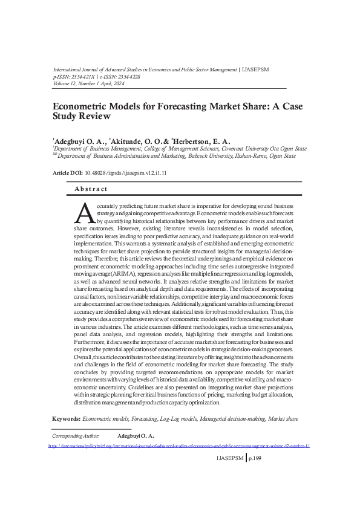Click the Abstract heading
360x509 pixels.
pyautogui.click(x=91, y=189)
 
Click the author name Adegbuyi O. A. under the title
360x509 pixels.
pyautogui.click(x=79, y=141)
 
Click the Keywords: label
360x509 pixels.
pyautogui.click(x=66, y=418)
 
